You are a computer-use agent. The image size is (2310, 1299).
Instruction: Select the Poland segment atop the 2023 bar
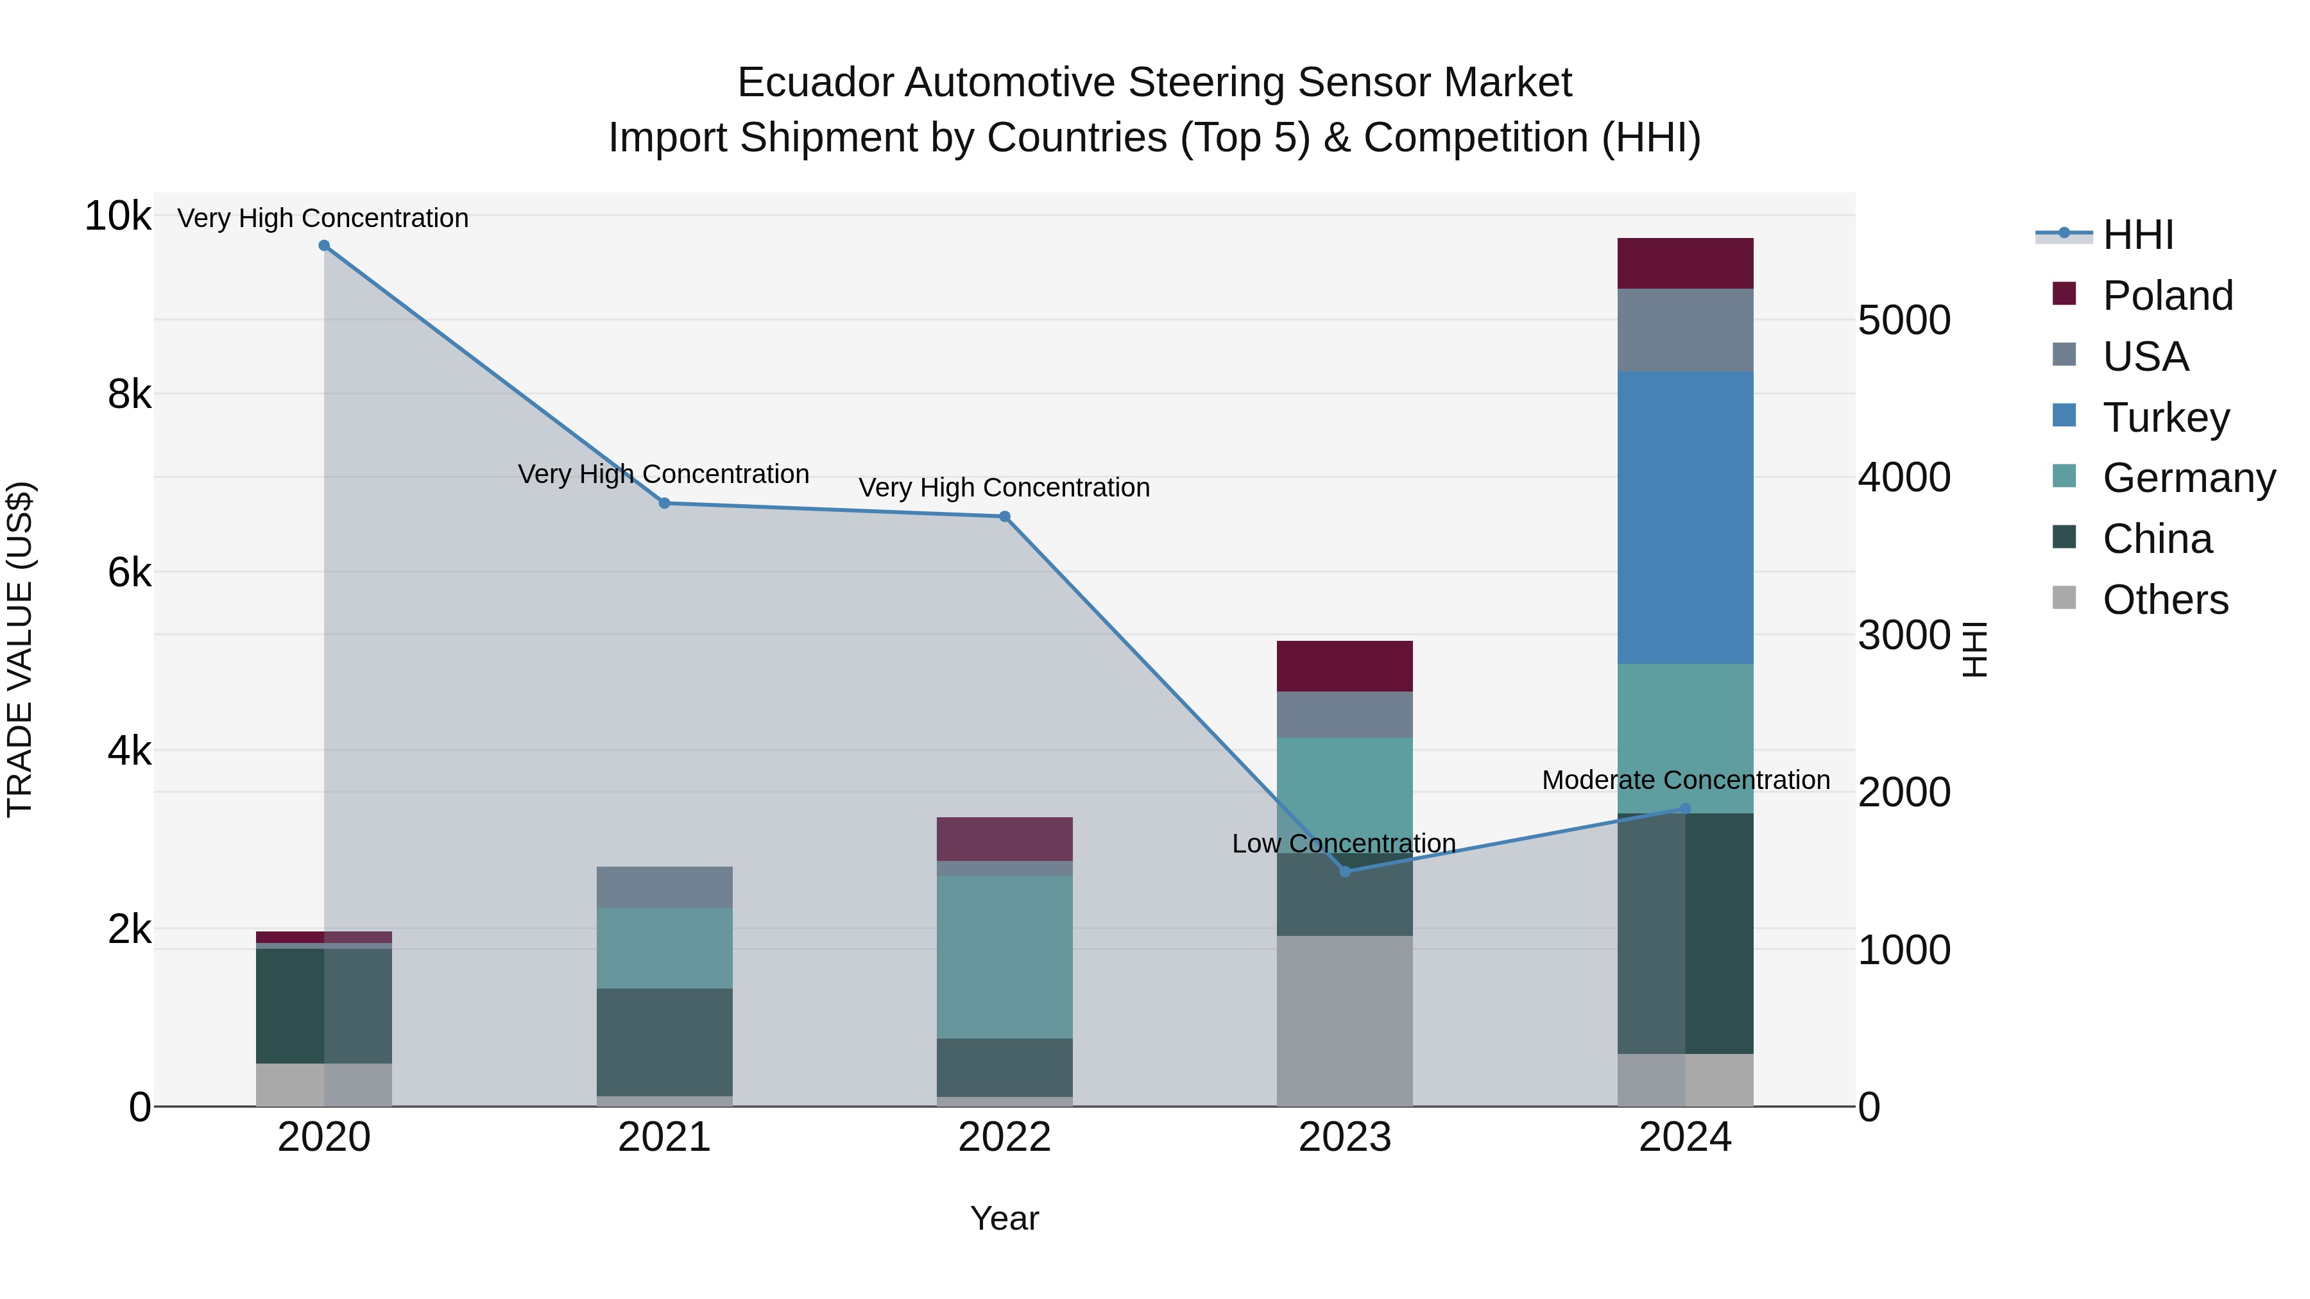pyautogui.click(x=1344, y=666)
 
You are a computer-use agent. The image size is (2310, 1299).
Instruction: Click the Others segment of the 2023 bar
pyautogui.click(x=1344, y=1021)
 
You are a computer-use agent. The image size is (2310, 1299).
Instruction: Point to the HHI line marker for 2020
pyautogui.click(x=325, y=246)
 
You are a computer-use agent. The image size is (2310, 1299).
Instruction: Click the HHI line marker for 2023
pyautogui.click(x=1344, y=871)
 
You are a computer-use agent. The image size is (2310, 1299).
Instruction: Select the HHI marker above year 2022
pyautogui.click(x=1004, y=516)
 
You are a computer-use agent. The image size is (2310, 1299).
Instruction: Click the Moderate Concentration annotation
pyautogui.click(x=1686, y=780)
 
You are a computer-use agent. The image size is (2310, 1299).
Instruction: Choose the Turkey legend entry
pyautogui.click(x=2166, y=418)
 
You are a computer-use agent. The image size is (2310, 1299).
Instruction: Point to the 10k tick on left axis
pyautogui.click(x=117, y=216)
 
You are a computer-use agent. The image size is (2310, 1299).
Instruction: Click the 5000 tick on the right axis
pyautogui.click(x=1904, y=320)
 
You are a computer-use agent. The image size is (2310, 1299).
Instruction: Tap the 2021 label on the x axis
pyautogui.click(x=665, y=1137)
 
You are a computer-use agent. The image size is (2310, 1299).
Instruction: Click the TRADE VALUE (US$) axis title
pyautogui.click(x=20, y=649)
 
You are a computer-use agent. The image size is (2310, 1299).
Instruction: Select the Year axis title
pyautogui.click(x=1004, y=1218)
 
